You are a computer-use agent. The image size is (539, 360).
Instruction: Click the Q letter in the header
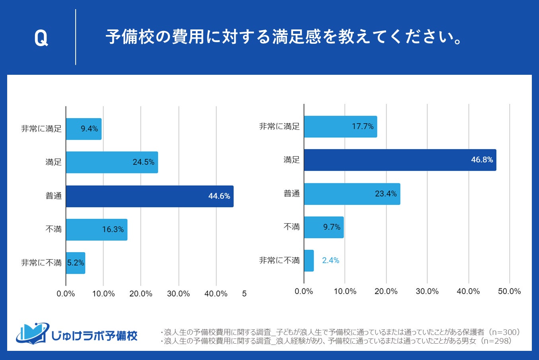(x=41, y=38)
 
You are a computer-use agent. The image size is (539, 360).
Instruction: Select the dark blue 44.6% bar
(x=149, y=196)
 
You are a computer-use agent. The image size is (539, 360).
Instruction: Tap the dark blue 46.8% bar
(x=400, y=160)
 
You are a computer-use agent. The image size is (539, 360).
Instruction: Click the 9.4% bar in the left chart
(x=84, y=129)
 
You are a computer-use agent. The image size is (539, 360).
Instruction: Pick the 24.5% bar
(x=111, y=162)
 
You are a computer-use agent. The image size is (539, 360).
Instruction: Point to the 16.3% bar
(x=96, y=230)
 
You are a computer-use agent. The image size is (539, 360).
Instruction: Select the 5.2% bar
(x=75, y=263)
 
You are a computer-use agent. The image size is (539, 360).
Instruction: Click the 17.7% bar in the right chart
(x=340, y=126)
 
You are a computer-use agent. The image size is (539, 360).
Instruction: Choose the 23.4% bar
(x=352, y=194)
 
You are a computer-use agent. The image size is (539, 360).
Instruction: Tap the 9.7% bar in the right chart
(x=324, y=227)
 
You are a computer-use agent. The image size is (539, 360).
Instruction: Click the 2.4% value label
(x=330, y=261)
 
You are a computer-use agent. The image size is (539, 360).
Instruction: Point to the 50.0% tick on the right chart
(x=509, y=291)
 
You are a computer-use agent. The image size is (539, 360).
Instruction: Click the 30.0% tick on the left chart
(x=178, y=294)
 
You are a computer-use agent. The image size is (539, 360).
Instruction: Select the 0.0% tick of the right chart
(x=304, y=291)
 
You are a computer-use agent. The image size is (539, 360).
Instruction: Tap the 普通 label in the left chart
(x=53, y=196)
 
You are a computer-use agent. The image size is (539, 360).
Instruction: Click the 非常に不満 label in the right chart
(x=279, y=261)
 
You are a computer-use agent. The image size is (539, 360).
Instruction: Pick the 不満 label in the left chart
(x=53, y=230)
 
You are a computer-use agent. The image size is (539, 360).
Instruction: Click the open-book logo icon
(x=33, y=333)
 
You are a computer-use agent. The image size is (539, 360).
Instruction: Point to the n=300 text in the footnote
(x=505, y=332)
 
